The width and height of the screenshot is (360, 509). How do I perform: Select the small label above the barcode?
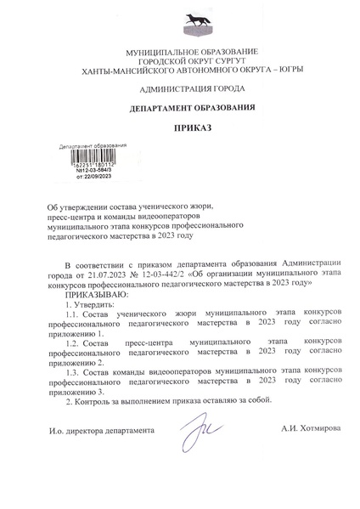click(x=93, y=145)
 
